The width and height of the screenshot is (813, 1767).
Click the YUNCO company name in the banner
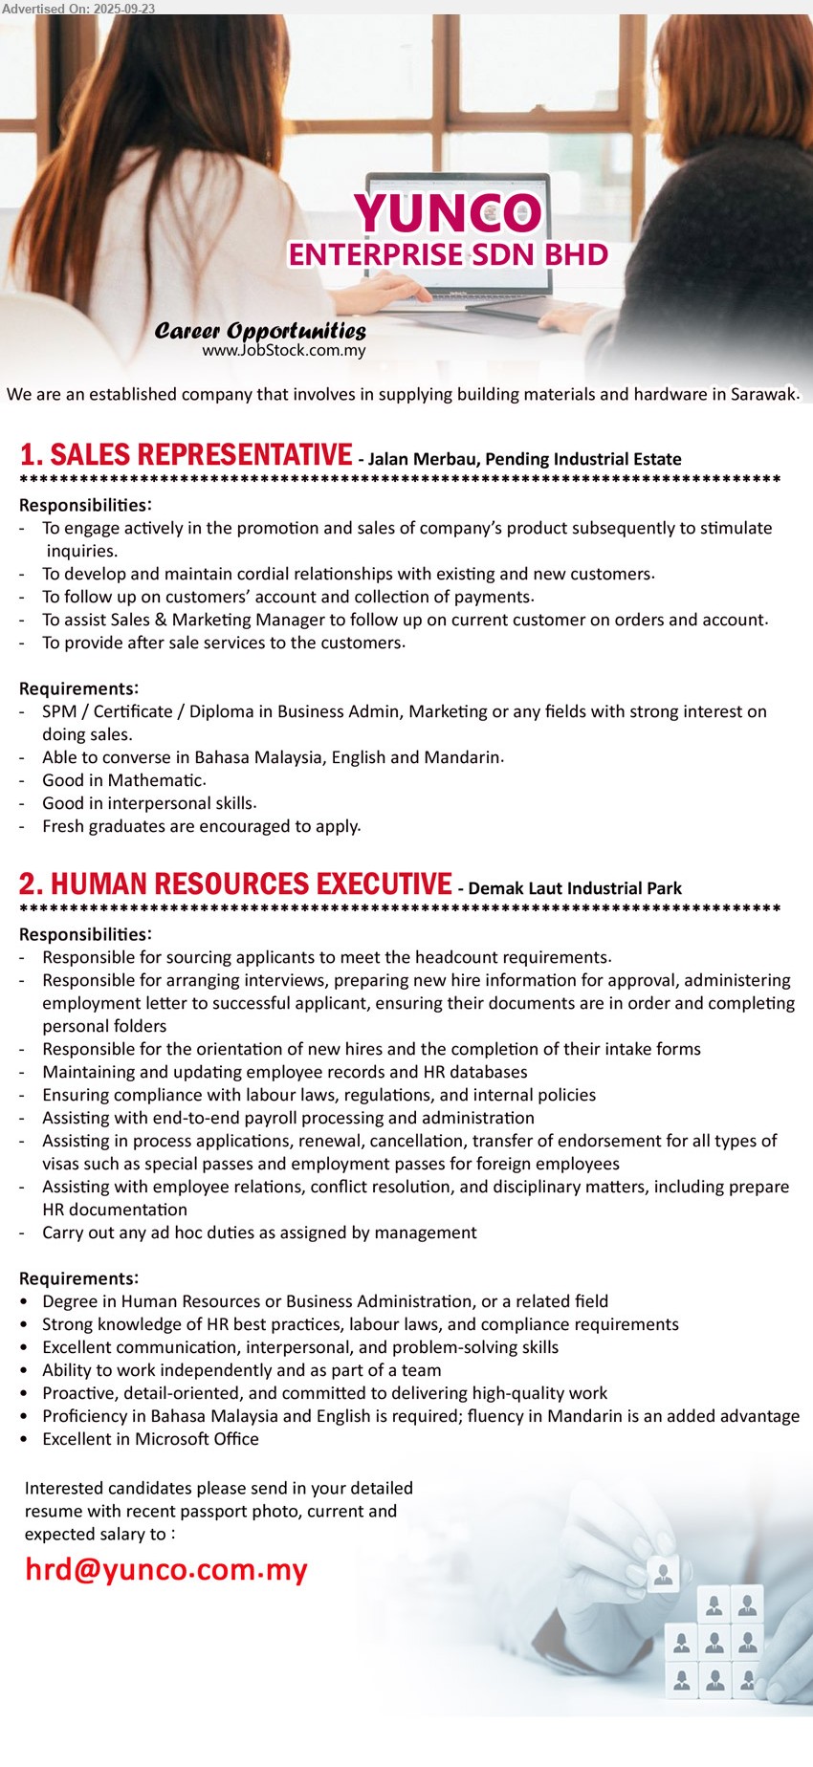click(448, 212)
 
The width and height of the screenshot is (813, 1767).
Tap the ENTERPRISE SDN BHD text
click(448, 255)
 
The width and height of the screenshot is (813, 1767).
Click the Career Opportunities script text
click(260, 331)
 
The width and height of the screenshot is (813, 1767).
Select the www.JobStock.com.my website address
click(284, 351)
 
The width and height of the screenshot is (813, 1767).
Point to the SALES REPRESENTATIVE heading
click(187, 455)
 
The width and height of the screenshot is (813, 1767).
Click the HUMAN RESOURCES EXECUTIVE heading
click(235, 884)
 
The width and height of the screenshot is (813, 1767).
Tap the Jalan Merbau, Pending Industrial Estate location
click(524, 460)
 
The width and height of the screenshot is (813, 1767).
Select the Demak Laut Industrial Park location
click(575, 889)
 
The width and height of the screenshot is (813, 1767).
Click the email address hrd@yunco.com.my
click(166, 1570)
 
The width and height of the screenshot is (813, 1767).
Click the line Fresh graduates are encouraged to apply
click(201, 826)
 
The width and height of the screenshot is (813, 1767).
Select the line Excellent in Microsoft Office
click(150, 1439)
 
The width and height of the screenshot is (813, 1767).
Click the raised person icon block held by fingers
click(663, 1573)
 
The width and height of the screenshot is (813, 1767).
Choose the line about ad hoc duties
click(259, 1233)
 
